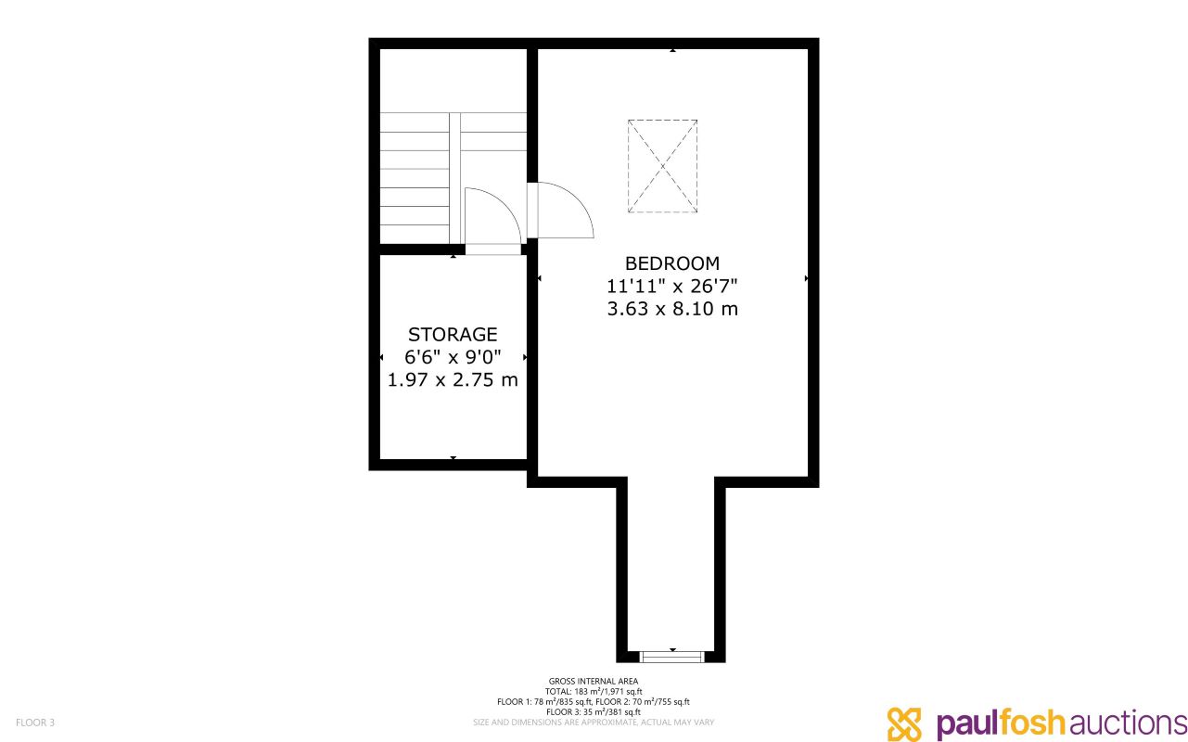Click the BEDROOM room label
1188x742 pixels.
point(671,263)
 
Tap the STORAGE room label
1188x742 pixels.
point(453,334)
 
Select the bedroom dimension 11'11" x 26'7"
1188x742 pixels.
point(671,286)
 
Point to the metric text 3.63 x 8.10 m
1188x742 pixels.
point(671,309)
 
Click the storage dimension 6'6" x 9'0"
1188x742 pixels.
point(453,357)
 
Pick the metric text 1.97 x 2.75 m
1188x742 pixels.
point(453,380)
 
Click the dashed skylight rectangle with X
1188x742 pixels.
point(662,166)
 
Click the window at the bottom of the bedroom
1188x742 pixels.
point(672,657)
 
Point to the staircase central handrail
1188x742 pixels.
point(454,176)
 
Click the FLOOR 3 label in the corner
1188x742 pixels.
point(35,722)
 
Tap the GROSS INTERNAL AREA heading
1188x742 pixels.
point(594,682)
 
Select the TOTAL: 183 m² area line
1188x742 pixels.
point(594,692)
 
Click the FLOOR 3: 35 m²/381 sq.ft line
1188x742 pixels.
point(594,711)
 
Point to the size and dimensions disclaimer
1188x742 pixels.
point(594,722)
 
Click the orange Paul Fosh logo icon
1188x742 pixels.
point(905,723)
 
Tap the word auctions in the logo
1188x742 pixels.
point(1126,723)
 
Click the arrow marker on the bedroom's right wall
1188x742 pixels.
point(806,277)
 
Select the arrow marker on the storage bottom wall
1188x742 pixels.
point(453,457)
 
